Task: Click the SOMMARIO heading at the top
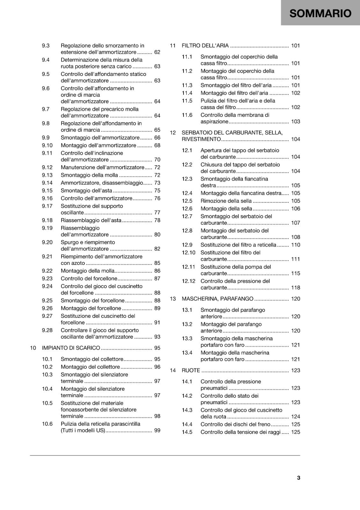(320, 13)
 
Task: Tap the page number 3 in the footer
(299, 477)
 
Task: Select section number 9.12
(47, 167)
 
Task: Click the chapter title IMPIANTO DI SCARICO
(71, 348)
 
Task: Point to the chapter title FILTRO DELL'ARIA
(205, 46)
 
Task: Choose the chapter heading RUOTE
(191, 370)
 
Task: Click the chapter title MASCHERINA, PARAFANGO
(218, 299)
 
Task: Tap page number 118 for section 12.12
(295, 288)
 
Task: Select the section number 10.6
(47, 424)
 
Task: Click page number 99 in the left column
(157, 430)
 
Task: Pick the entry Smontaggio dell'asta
(86, 191)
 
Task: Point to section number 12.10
(189, 252)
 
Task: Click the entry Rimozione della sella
(226, 201)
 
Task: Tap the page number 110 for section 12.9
(295, 245)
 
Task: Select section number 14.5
(187, 432)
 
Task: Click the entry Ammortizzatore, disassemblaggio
(102, 183)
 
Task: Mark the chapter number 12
(173, 133)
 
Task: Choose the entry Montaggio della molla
(88, 271)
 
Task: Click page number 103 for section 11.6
(295, 121)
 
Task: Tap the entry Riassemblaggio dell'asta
(91, 220)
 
